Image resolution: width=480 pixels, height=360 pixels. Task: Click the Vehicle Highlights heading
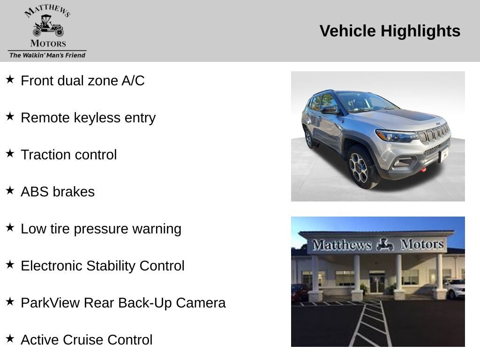tap(390, 31)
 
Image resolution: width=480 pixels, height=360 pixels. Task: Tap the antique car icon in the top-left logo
tap(48, 27)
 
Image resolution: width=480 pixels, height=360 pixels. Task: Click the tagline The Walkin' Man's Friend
tap(47, 55)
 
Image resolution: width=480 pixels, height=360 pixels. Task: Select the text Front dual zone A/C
tap(82, 81)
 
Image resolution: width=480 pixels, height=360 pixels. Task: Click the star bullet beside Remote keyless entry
tap(10, 117)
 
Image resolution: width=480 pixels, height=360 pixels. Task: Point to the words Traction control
tap(68, 155)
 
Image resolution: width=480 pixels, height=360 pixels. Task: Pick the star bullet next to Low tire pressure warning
tap(10, 228)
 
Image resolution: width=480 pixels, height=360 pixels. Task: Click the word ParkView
tap(50, 303)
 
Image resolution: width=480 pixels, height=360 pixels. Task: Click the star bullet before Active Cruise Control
tap(10, 339)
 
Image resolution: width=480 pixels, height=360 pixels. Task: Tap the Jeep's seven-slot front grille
tap(434, 134)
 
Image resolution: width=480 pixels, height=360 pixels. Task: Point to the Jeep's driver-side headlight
tap(396, 136)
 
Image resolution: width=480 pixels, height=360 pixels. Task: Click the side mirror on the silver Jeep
tap(330, 110)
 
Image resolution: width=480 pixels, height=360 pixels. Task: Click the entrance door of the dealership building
tap(376, 284)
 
